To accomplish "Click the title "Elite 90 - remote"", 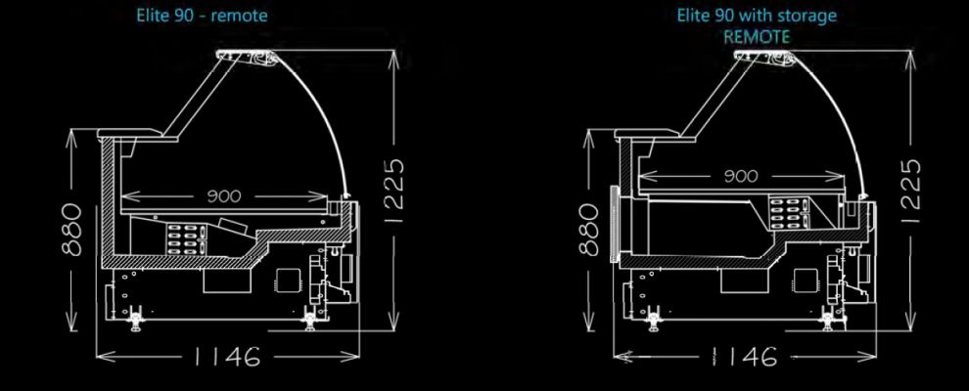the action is click(x=202, y=15).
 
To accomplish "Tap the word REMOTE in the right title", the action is click(x=757, y=36).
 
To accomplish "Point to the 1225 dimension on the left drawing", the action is click(x=394, y=192).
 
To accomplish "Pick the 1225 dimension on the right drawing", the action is click(x=911, y=192).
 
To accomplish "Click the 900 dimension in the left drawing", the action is click(x=224, y=196).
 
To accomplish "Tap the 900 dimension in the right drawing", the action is click(x=740, y=176).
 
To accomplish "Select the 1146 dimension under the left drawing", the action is click(x=227, y=356).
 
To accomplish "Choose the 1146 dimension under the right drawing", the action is click(x=744, y=356).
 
